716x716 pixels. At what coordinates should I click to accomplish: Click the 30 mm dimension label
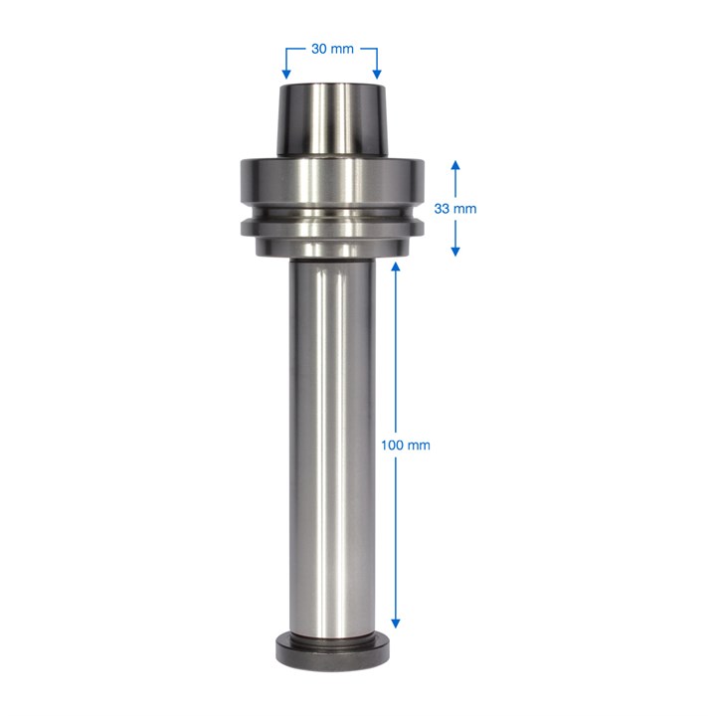[330, 48]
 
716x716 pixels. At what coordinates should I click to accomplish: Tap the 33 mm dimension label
[455, 209]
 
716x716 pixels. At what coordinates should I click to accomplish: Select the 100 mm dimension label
[406, 445]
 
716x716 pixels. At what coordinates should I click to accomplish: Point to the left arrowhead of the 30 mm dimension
[285, 74]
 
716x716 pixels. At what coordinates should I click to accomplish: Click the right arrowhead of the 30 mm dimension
[376, 74]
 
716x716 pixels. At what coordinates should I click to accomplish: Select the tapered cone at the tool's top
[330, 121]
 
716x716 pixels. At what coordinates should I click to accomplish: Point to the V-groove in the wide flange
[331, 214]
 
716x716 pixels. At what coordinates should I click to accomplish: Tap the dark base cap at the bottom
[331, 651]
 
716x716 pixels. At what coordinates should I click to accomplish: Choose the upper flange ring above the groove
[331, 184]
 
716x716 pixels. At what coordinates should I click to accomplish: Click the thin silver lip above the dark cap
[331, 633]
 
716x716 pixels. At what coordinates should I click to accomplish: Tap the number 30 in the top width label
[319, 48]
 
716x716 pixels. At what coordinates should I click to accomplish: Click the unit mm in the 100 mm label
[419, 445]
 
